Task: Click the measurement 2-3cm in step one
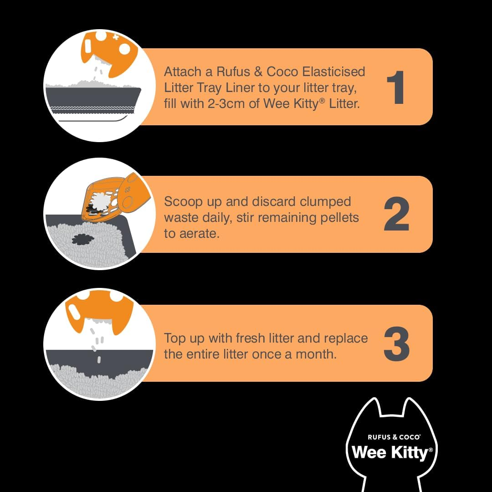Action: pyautogui.click(x=220, y=103)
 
